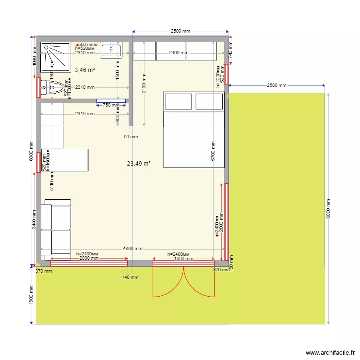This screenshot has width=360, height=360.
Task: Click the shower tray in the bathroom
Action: click(x=55, y=57)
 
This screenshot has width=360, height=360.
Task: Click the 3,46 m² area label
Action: click(x=84, y=70)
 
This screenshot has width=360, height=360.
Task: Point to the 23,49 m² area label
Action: click(x=139, y=164)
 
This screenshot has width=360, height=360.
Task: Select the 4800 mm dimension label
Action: click(x=132, y=249)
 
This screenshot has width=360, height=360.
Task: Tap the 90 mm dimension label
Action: click(x=131, y=137)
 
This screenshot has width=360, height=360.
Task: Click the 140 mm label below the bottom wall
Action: click(x=131, y=277)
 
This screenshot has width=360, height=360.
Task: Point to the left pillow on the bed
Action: click(x=178, y=102)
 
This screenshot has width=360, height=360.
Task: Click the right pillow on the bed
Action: click(x=209, y=102)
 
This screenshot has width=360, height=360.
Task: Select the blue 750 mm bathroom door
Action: click(x=111, y=101)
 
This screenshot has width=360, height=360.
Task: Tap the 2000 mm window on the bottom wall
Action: click(x=89, y=263)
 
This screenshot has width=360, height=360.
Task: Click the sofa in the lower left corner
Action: click(x=56, y=229)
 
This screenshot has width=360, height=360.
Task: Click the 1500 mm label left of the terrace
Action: click(x=32, y=296)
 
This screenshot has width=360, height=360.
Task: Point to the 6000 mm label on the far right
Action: click(x=328, y=209)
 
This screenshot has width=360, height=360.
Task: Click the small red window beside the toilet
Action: click(x=38, y=87)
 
